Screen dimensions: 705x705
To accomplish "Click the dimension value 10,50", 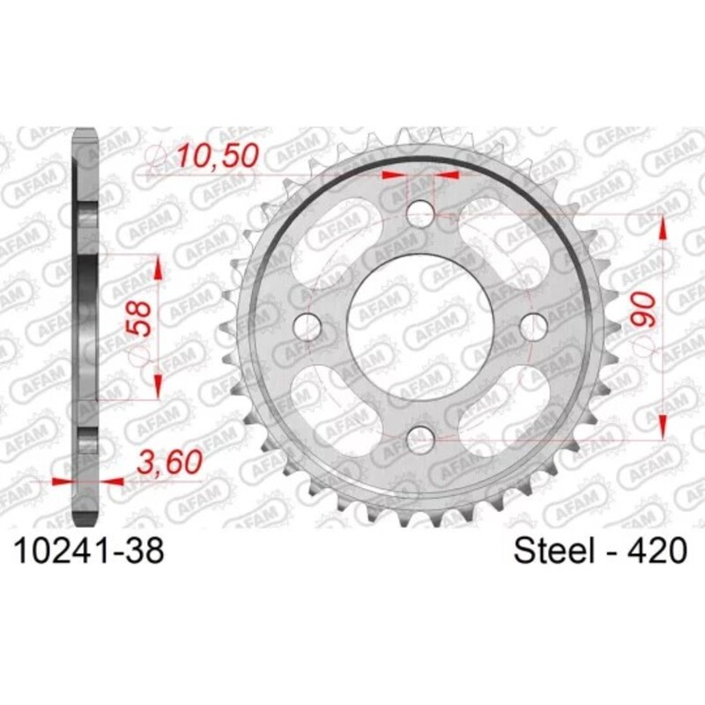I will click(x=217, y=156).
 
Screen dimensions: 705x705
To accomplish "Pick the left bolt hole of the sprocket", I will click(x=308, y=323).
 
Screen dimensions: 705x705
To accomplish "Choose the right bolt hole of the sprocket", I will click(x=534, y=323).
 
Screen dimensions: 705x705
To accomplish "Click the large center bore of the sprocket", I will click(x=421, y=323).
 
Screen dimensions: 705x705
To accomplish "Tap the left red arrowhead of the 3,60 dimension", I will click(x=62, y=482).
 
